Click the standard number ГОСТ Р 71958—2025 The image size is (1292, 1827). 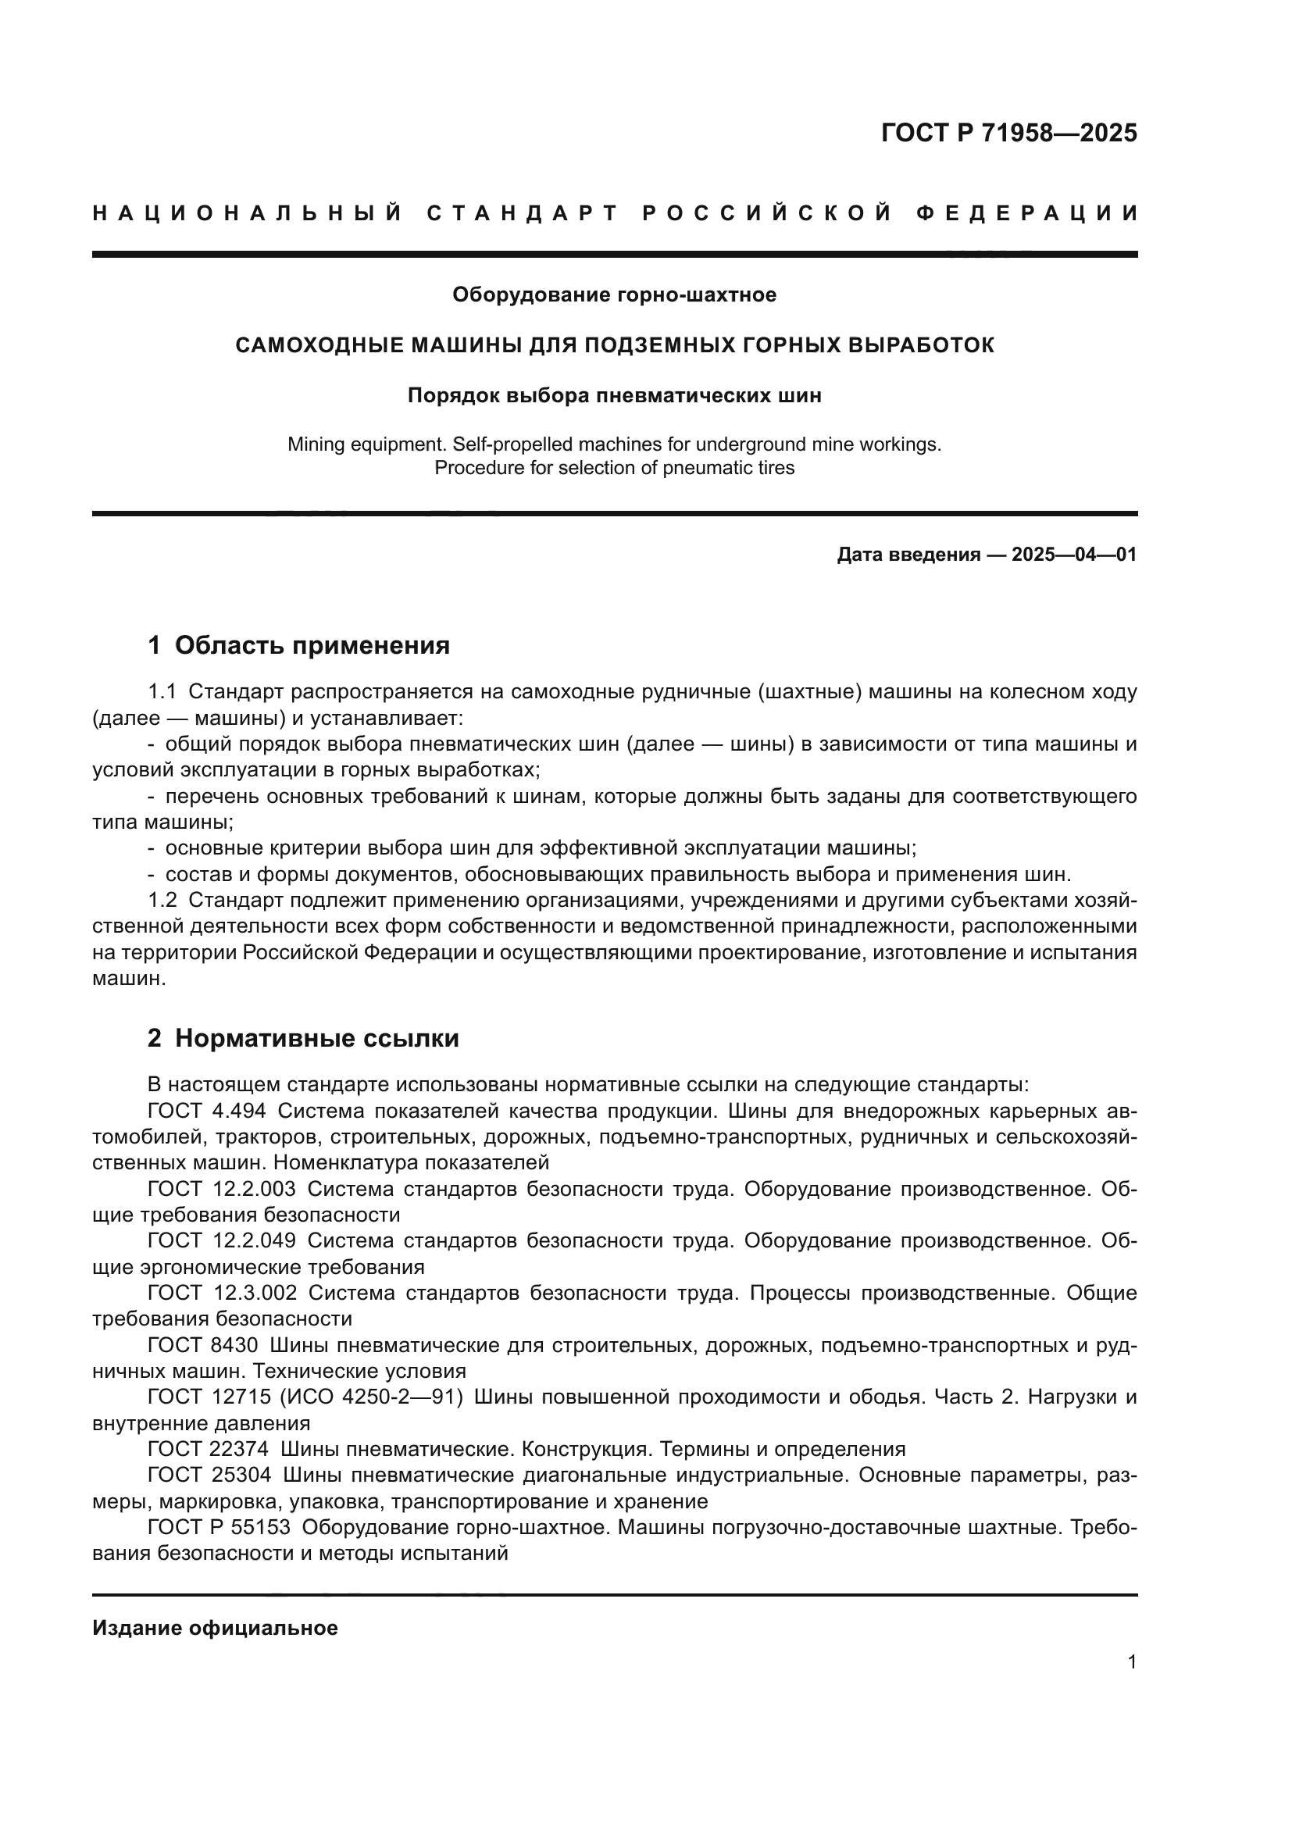point(1008,133)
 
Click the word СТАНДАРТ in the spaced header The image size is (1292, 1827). point(523,213)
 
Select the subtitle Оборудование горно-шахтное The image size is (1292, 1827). point(614,295)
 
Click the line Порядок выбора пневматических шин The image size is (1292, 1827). point(614,395)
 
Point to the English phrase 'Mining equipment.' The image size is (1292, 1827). point(362,444)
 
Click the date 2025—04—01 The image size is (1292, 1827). point(1073,555)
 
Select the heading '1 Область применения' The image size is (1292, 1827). point(299,645)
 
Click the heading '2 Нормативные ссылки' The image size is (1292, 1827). point(303,1038)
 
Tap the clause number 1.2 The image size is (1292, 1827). point(162,901)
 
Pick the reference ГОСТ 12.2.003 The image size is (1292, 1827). point(221,1189)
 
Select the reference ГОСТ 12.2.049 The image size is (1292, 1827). point(221,1240)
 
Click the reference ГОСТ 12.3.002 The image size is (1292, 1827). point(221,1293)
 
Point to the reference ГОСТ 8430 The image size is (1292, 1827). point(203,1346)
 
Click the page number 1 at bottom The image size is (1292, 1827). point(1132,1662)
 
